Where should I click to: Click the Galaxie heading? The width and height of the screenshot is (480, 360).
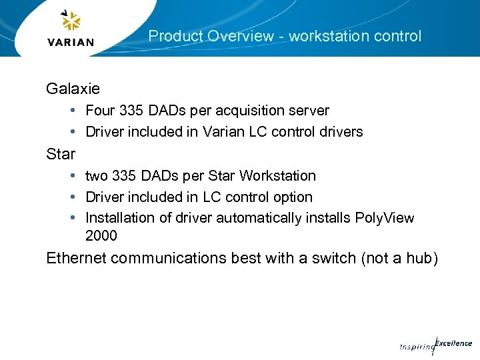coord(73,88)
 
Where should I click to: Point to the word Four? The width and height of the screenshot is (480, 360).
coord(101,110)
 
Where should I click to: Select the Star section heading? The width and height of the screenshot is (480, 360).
coord(61,154)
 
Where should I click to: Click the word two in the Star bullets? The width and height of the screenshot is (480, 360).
coord(97,175)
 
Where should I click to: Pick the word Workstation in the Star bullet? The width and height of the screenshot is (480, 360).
coord(277,175)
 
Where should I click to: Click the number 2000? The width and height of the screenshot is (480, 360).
coord(101,235)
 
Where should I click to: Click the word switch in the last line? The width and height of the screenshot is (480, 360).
coord(332,258)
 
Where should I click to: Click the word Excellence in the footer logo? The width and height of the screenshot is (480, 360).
coord(454,344)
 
